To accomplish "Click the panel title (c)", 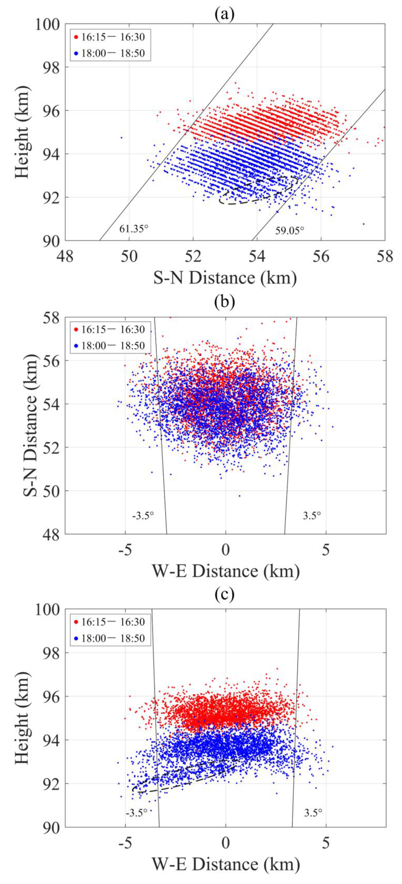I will (x=225, y=594).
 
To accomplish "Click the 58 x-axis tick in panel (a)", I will (x=384, y=256).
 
